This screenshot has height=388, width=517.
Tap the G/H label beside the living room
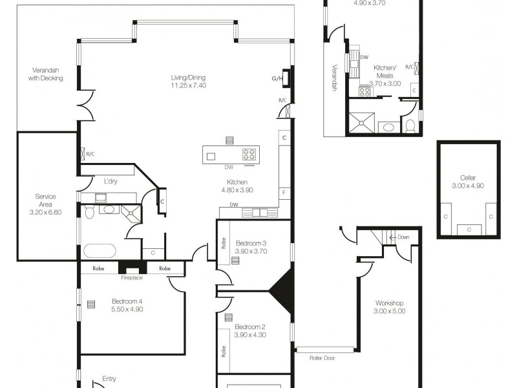(277, 78)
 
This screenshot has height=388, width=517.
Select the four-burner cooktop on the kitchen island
(249, 155)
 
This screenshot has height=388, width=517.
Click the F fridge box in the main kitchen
(284, 193)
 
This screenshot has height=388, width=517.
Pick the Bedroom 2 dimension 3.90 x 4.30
(251, 335)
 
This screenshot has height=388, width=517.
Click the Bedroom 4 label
(127, 301)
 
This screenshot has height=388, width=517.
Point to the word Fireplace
(132, 277)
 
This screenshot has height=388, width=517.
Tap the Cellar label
(468, 177)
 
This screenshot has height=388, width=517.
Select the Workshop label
(390, 303)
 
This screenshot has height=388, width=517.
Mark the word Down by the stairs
(405, 237)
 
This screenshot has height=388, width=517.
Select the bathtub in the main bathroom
(100, 250)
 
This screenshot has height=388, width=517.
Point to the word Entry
(110, 379)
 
